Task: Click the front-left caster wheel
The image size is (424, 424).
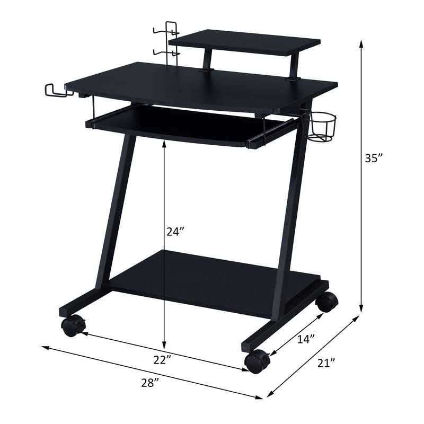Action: tap(73, 325)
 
